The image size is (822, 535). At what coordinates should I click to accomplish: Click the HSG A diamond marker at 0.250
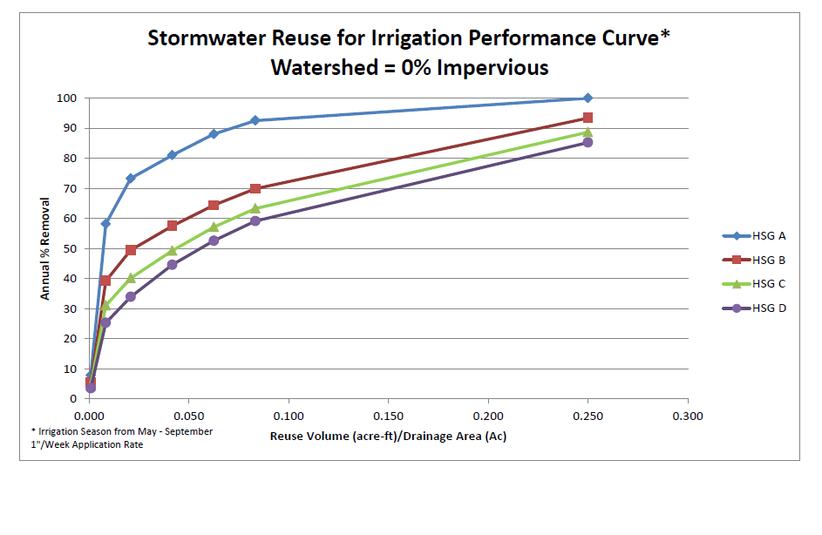[x=588, y=98]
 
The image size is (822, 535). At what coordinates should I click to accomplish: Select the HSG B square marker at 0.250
[x=588, y=118]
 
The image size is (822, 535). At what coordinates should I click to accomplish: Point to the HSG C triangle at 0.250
[x=588, y=132]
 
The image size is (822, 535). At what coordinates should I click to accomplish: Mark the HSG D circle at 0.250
[x=588, y=142]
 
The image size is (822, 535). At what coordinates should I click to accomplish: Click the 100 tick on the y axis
[x=68, y=98]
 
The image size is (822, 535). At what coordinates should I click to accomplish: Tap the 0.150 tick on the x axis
[x=388, y=415]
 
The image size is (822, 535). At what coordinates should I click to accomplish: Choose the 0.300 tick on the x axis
[x=688, y=415]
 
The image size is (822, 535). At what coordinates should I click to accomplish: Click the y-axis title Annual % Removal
[x=44, y=248]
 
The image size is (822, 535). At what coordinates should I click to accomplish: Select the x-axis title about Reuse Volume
[x=388, y=436]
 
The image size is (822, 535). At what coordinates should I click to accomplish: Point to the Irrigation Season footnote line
[x=121, y=431]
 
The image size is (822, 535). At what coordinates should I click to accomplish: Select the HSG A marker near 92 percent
[x=255, y=120]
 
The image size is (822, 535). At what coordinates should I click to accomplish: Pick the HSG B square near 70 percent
[x=255, y=188]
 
